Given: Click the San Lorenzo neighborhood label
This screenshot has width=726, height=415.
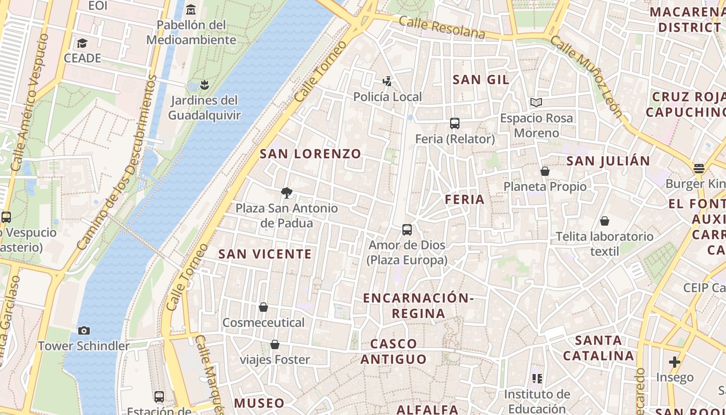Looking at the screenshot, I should (310, 154).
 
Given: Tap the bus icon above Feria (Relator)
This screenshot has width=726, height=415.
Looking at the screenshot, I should (455, 123).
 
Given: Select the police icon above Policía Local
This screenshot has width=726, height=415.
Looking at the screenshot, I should (387, 81).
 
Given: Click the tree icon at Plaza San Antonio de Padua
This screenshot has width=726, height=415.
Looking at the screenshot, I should (286, 193).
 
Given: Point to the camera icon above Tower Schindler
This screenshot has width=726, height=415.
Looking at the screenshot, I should (83, 330).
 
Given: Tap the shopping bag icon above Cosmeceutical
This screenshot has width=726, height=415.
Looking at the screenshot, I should (263, 307).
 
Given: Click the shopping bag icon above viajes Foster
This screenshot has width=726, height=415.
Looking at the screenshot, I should (275, 344).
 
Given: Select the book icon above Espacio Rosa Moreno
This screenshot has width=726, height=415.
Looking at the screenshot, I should (536, 103).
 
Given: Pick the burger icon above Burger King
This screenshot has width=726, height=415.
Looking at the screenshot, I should (699, 168).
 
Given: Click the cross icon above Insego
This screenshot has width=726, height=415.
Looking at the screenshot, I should (674, 362).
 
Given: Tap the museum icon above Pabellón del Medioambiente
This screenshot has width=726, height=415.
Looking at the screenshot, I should (191, 9).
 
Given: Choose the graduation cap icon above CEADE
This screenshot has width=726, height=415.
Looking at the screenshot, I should (82, 43).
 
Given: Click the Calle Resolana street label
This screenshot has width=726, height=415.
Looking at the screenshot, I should (442, 27).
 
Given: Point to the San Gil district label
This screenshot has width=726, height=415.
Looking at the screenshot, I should (481, 79).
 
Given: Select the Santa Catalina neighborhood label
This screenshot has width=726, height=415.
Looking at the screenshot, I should (598, 348).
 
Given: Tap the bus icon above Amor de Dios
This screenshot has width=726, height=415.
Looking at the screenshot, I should (407, 229).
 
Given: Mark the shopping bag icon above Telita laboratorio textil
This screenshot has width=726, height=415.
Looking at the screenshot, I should (604, 221).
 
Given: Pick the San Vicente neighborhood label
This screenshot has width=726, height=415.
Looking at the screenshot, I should (265, 254).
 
